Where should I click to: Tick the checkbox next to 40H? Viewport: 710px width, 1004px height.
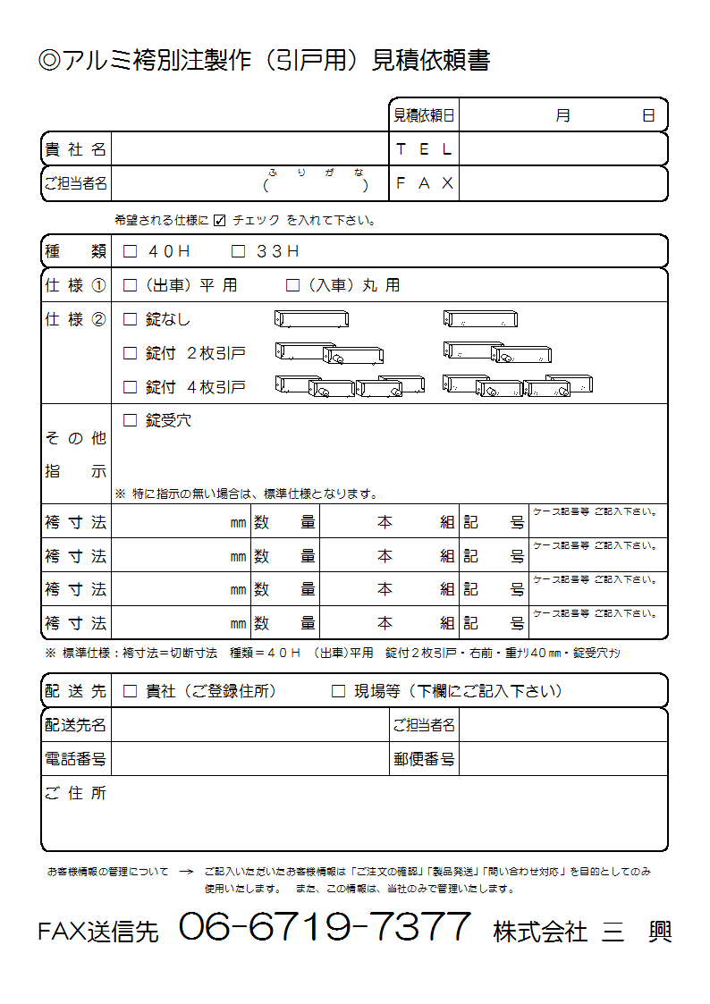click(x=131, y=252)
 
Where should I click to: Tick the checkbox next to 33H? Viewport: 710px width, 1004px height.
click(x=238, y=252)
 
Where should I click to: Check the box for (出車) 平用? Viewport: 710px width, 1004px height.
click(x=131, y=286)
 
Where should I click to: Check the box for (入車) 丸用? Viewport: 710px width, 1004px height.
click(x=292, y=286)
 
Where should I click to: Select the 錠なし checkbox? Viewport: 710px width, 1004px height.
click(x=131, y=319)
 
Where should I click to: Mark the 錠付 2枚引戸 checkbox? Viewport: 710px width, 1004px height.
click(x=131, y=353)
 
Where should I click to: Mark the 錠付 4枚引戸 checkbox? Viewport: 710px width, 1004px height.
click(x=131, y=387)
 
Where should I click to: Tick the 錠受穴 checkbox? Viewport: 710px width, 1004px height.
click(x=131, y=420)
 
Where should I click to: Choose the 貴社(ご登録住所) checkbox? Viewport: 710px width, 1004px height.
click(x=131, y=691)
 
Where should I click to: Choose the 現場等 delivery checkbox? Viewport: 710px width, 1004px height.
click(x=338, y=691)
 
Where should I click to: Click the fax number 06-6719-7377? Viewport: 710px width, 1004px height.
click(x=325, y=927)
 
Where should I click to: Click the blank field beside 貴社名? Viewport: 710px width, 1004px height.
click(x=249, y=149)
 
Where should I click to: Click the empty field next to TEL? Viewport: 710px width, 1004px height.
click(x=562, y=149)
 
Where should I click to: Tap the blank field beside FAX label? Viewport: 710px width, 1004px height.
click(x=562, y=183)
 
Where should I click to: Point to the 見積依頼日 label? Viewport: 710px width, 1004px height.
click(x=424, y=115)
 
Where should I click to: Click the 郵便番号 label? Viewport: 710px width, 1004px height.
click(x=424, y=759)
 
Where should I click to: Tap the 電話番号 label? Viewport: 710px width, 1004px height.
click(x=76, y=759)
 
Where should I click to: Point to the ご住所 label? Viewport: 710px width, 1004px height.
click(x=76, y=793)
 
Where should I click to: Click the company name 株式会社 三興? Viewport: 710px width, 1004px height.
click(x=582, y=931)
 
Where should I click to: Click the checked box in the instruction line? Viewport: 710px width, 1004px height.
click(x=220, y=220)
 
